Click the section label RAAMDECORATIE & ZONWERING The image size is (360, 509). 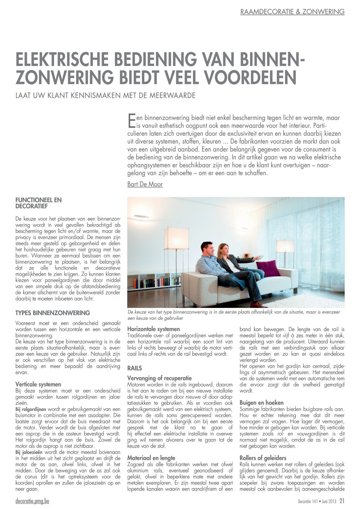pos(292,12)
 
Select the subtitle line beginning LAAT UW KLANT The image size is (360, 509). pos(105,95)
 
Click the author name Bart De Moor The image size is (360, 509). pos(145,184)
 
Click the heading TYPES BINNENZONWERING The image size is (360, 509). pos(53,313)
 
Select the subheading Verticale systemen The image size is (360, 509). pos(38,384)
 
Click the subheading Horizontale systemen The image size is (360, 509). pos(153,329)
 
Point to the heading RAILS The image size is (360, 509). pos(134,368)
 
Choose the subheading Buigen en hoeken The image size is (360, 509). pos(261,403)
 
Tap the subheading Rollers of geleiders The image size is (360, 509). pos(263,458)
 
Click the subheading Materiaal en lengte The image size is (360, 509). pos(151,458)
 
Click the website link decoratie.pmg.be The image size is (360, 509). pos(32,501)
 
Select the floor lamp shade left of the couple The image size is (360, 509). pos(176,238)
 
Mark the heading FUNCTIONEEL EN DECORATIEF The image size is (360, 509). pos(38,203)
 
